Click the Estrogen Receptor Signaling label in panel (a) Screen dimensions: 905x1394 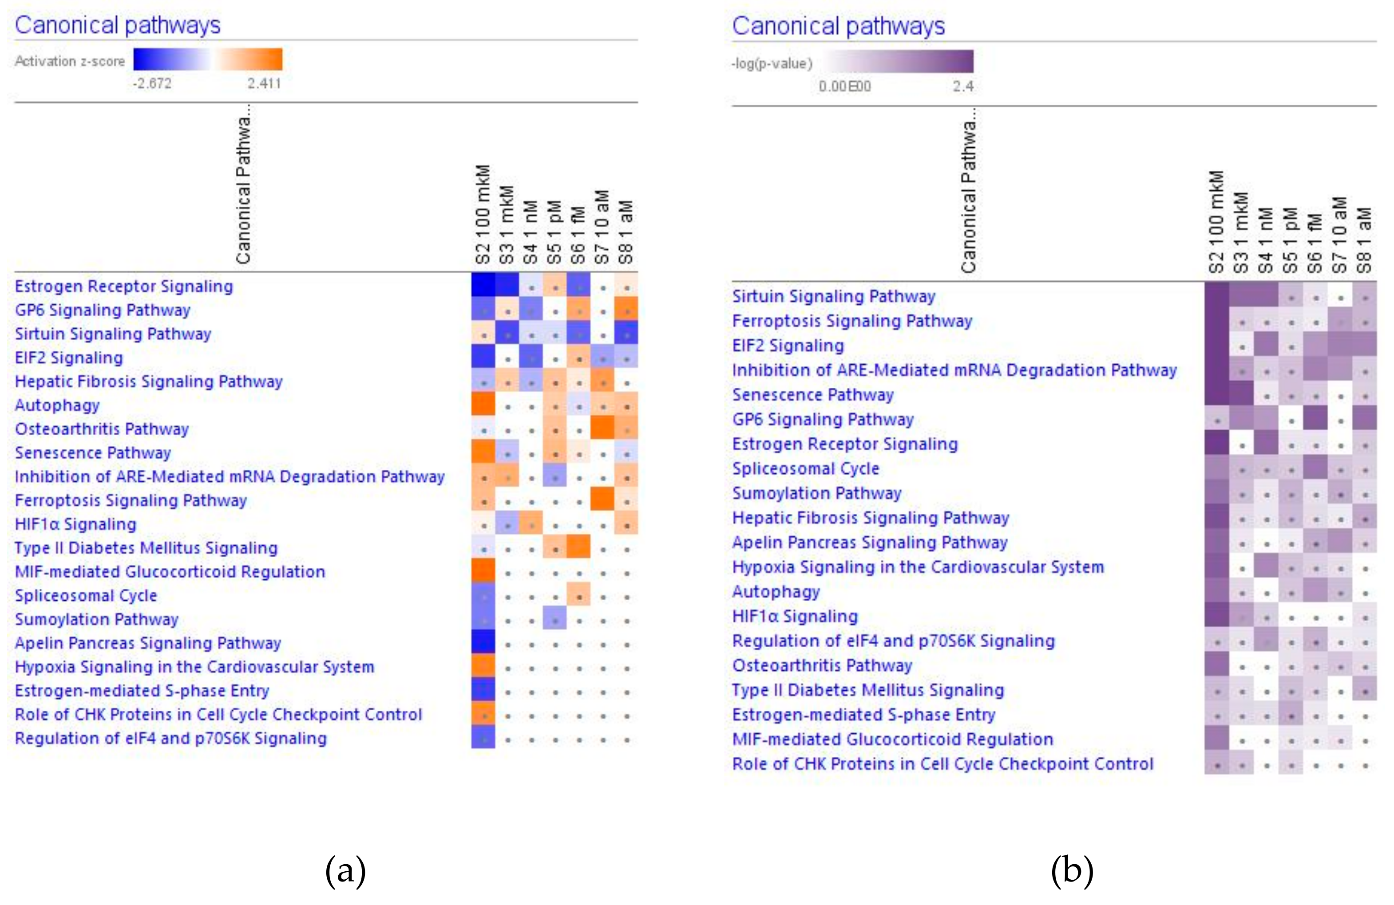pyautogui.click(x=123, y=286)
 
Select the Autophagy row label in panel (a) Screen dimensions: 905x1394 pyautogui.click(x=57, y=405)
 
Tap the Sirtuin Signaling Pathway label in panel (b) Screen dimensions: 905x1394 pyautogui.click(x=833, y=296)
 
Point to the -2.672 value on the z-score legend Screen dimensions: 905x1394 pyautogui.click(x=152, y=83)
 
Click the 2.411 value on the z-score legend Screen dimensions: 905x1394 pyautogui.click(x=264, y=83)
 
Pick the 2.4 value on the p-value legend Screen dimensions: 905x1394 pyautogui.click(x=963, y=87)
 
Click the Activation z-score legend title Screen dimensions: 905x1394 pyautogui.click(x=70, y=61)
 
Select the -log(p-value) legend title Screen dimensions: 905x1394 pyautogui.click(x=772, y=63)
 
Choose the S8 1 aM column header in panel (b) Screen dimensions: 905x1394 pyautogui.click(x=1364, y=240)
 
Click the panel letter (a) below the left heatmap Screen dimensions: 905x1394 pyautogui.click(x=345, y=870)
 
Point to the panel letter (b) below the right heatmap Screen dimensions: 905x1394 pyautogui.click(x=1072, y=870)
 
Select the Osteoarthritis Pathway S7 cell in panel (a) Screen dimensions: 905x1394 pyautogui.click(x=603, y=428)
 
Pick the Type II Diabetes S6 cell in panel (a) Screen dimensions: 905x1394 pyautogui.click(x=578, y=547)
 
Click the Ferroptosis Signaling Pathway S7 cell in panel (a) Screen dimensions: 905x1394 pyautogui.click(x=603, y=500)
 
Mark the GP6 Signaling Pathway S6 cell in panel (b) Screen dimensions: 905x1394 pyautogui.click(x=1315, y=419)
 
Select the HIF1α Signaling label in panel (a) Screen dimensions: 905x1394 pyautogui.click(x=75, y=524)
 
